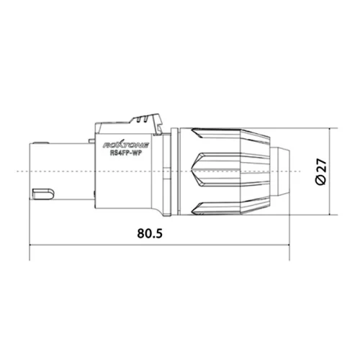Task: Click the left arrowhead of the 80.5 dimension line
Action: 32,245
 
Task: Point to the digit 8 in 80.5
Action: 140,234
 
